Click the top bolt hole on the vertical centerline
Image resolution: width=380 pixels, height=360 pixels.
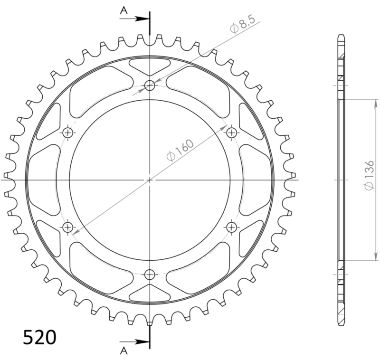pyautogui.click(x=150, y=86)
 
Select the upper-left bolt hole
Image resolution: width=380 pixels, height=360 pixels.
pyautogui.click(x=68, y=133)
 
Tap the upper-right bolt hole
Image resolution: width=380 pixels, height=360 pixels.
pyautogui.click(x=232, y=133)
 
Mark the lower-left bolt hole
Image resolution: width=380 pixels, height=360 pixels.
pyautogui.click(x=68, y=227)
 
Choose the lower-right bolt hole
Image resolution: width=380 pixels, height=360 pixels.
pyautogui.click(x=232, y=227)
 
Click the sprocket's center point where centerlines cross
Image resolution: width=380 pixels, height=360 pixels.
pyautogui.click(x=150, y=180)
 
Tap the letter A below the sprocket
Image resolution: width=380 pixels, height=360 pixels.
pyautogui.click(x=123, y=351)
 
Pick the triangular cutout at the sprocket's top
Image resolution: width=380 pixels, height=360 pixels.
pyautogui.click(x=150, y=64)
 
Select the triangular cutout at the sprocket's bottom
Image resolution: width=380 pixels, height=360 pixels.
pyautogui.click(x=150, y=296)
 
